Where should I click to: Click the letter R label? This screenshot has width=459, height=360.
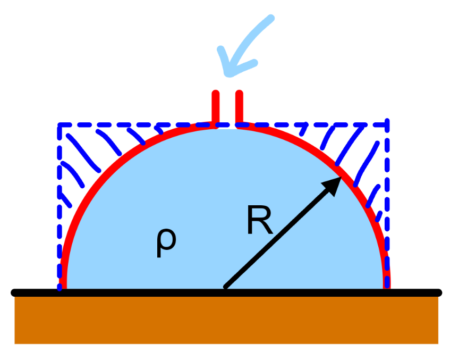(260, 220)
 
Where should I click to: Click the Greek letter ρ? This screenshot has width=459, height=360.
(166, 242)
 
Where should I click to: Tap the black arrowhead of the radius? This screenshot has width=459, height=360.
(332, 186)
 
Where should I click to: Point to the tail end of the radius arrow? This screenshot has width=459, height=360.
(225, 287)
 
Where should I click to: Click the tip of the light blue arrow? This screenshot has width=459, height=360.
(228, 74)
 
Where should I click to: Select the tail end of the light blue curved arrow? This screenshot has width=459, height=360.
(271, 18)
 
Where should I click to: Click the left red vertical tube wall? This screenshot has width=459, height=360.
(216, 108)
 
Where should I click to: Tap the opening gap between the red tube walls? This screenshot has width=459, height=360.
(227, 109)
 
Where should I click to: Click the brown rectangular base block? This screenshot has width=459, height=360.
(226, 320)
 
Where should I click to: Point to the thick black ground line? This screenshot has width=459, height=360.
(226, 292)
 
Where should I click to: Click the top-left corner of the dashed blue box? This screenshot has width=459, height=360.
(60, 125)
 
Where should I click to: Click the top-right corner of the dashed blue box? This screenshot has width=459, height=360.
(387, 124)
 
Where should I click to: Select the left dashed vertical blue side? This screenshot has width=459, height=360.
(59, 207)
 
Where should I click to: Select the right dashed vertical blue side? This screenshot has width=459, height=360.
(387, 205)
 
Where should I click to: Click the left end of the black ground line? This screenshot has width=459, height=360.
(13, 292)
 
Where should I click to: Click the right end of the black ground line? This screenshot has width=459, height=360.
(439, 292)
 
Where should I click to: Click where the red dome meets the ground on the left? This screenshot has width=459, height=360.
(63, 289)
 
